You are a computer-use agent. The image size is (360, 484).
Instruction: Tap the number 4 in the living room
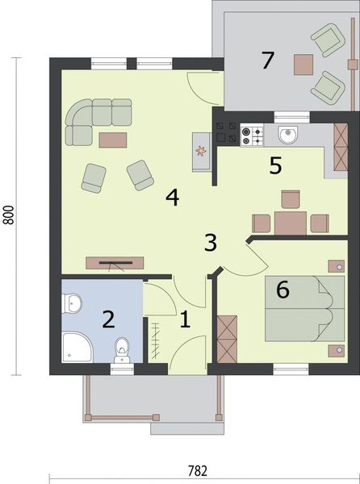click(x=172, y=197)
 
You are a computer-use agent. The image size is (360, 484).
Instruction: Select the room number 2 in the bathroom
click(x=107, y=319)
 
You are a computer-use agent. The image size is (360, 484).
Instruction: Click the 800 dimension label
click(x=9, y=214)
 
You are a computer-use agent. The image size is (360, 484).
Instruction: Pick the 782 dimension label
click(x=198, y=471)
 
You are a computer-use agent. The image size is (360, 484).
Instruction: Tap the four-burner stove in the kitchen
click(x=251, y=133)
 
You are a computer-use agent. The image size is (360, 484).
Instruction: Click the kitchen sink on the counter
click(x=287, y=133)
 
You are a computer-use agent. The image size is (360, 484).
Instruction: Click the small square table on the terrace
click(x=304, y=63)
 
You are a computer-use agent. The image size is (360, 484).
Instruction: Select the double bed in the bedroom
click(x=297, y=311)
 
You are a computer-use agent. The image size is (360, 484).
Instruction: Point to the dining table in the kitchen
click(x=290, y=222)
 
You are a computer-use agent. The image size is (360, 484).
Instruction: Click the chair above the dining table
click(x=291, y=198)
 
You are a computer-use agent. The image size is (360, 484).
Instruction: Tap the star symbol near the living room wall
click(x=200, y=149)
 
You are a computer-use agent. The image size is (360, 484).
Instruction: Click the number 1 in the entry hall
click(x=184, y=320)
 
